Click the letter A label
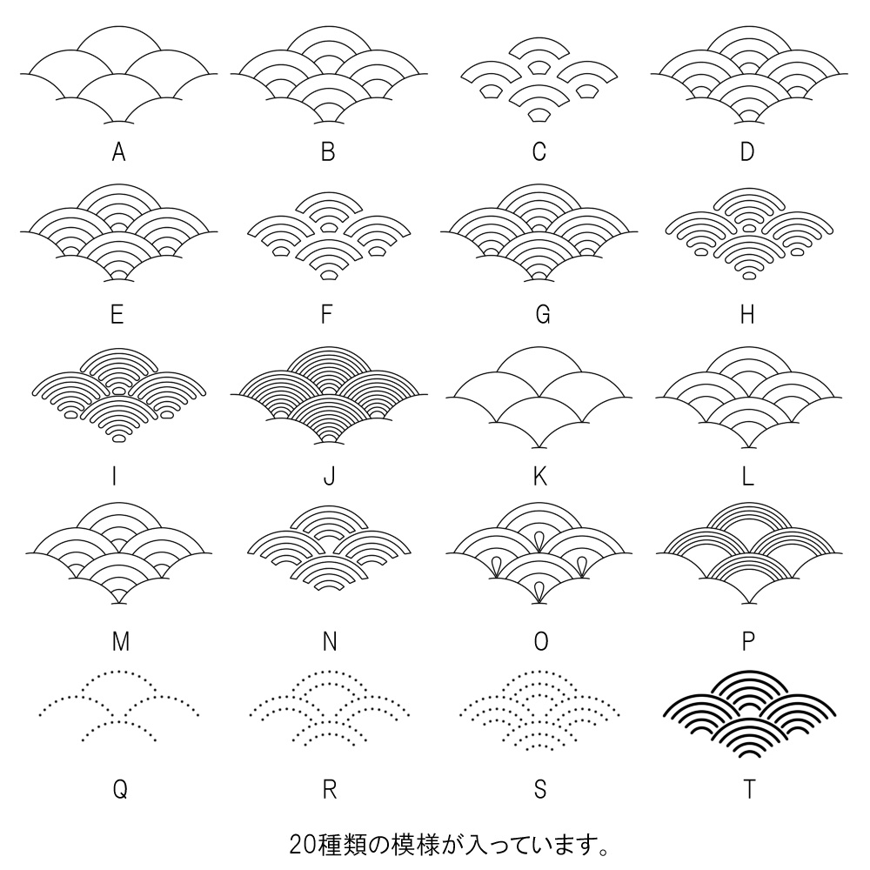coord(119,152)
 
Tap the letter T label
coord(749,789)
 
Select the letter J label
coord(329,476)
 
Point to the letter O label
coord(540,642)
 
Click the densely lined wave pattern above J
coord(329,396)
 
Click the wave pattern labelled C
coord(539,78)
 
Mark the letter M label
coord(121,642)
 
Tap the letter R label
coord(329,789)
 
